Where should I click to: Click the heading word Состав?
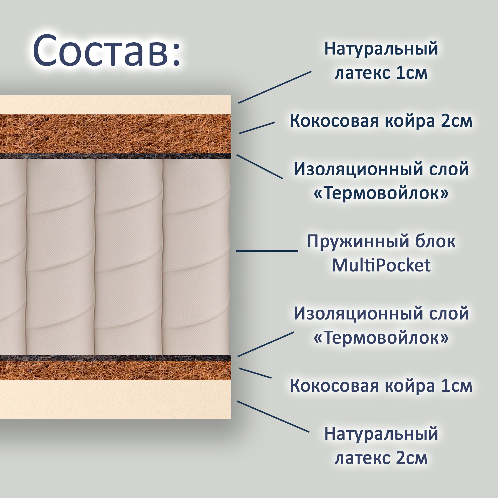pos(107,50)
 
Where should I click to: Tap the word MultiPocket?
pos(381,265)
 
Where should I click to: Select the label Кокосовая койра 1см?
pos(381,386)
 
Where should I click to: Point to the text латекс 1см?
pos(381,73)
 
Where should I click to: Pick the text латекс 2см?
pos(381,458)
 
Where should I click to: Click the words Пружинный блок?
pos(381,242)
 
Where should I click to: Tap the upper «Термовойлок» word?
pos(381,193)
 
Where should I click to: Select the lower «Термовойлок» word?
pos(381,337)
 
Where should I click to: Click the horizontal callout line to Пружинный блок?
pos(267,250)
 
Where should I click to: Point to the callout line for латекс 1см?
pos(275,87)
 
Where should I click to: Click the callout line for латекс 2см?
pos(273,416)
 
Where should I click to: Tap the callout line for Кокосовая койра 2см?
pos(257,127)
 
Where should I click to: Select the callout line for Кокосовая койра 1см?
pos(255,373)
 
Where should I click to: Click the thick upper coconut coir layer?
pos(116,134)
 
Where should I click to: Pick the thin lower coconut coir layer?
pos(116,370)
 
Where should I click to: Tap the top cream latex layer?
pos(116,105)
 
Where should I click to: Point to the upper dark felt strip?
pos(116,156)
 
